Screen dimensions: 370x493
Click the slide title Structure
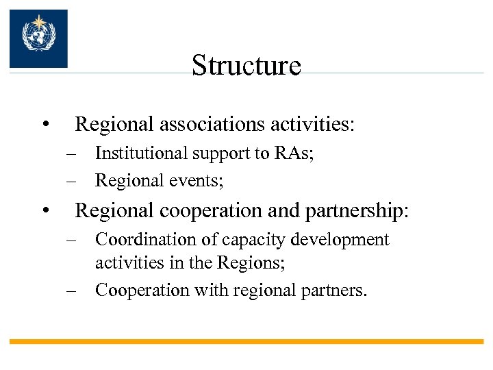pyautogui.click(x=246, y=66)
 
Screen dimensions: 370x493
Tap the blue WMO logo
pyautogui.click(x=38, y=38)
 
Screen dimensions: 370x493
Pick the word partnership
pyautogui.click(x=358, y=210)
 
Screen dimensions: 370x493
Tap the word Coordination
pyautogui.click(x=140, y=240)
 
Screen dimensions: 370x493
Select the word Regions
pyautogui.click(x=245, y=262)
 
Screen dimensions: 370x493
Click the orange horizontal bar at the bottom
pyautogui.click(x=246, y=341)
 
